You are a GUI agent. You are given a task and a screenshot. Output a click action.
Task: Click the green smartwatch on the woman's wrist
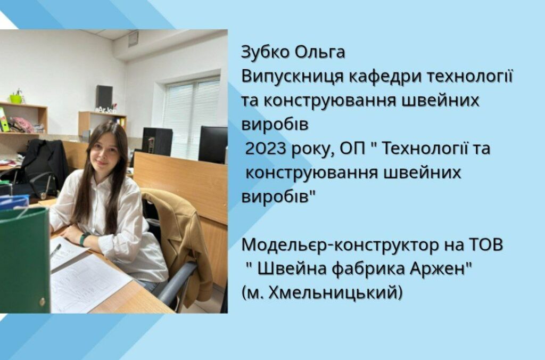click(x=83, y=239)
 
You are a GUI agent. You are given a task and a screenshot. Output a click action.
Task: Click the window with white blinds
click(x=191, y=117)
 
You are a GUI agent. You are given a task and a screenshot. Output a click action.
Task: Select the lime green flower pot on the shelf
click(x=15, y=99)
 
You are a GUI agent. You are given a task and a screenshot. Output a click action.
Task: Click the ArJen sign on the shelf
click(x=106, y=110)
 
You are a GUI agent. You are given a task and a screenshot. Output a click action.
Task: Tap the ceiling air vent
click(x=133, y=38)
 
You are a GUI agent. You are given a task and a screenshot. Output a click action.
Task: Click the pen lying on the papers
click(x=55, y=250)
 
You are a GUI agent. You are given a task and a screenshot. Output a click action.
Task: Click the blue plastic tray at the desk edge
click(x=13, y=202)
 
